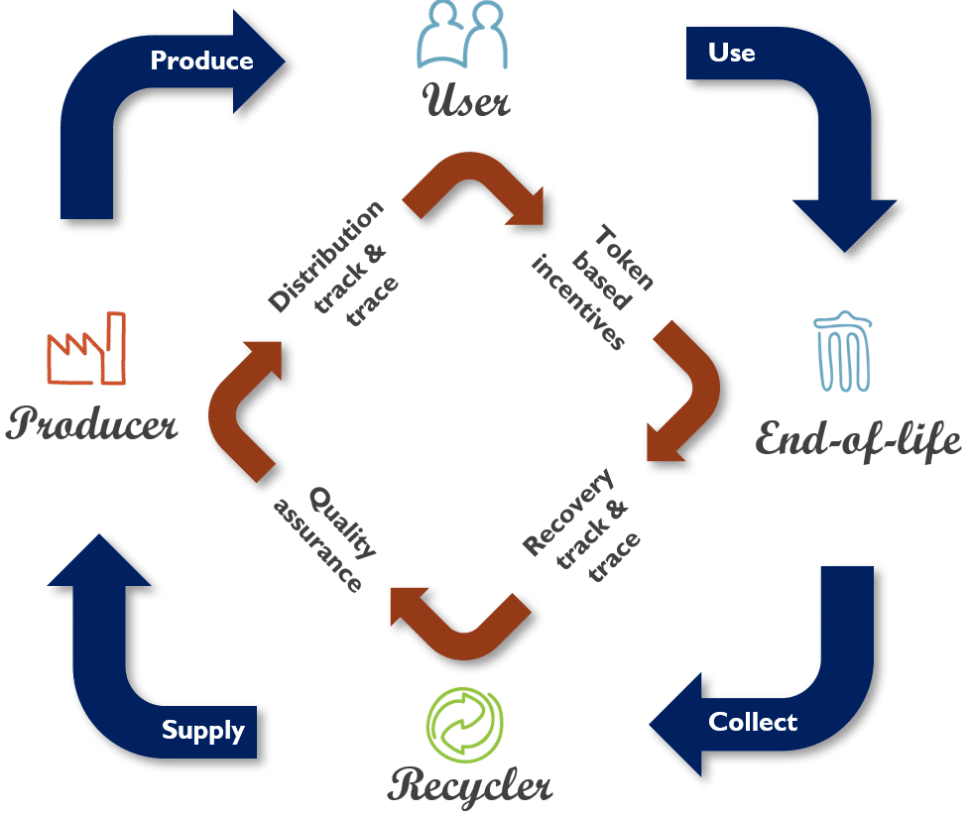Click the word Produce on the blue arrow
tap(201, 60)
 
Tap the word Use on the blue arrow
tap(732, 52)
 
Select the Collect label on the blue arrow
tap(753, 721)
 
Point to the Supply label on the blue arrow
tap(203, 731)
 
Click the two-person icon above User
tap(465, 39)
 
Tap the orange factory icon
tap(86, 348)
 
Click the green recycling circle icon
tap(464, 725)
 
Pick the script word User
tap(466, 100)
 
